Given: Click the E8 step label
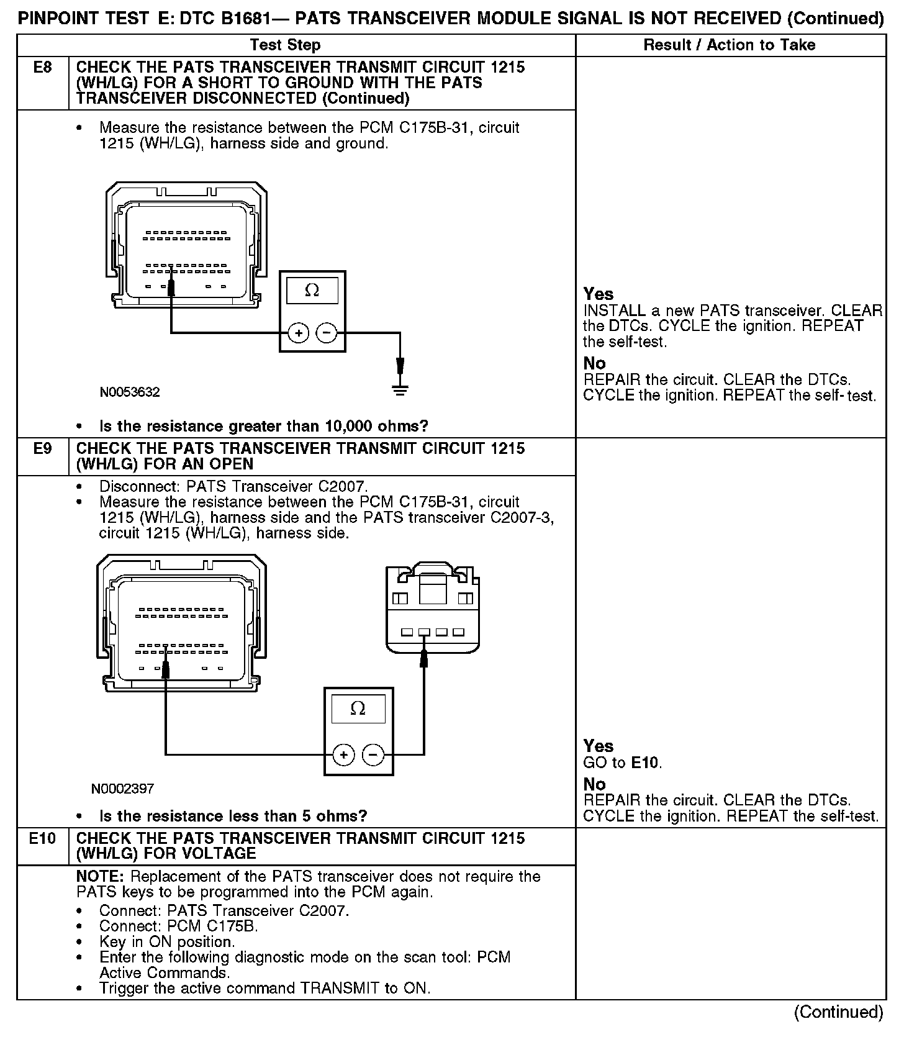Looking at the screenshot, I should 42,67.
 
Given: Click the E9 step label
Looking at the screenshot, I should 42,448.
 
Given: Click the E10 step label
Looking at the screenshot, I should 42,838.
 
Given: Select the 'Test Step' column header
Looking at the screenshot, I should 285,45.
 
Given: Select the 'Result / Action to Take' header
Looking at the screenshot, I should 730,45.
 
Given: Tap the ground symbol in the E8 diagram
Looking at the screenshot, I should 400,390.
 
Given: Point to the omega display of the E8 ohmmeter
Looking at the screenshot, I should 312,291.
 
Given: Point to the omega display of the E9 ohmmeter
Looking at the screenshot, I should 358,708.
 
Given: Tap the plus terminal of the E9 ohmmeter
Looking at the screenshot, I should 344,754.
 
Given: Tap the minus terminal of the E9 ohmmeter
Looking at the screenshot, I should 373,754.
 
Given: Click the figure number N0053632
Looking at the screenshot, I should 130,392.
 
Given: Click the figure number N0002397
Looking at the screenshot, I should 122,789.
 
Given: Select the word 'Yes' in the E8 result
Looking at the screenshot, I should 599,294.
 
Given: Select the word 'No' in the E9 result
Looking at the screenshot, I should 594,784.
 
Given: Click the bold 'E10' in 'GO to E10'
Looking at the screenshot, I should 645,763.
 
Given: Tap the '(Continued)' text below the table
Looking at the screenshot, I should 838,1012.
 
